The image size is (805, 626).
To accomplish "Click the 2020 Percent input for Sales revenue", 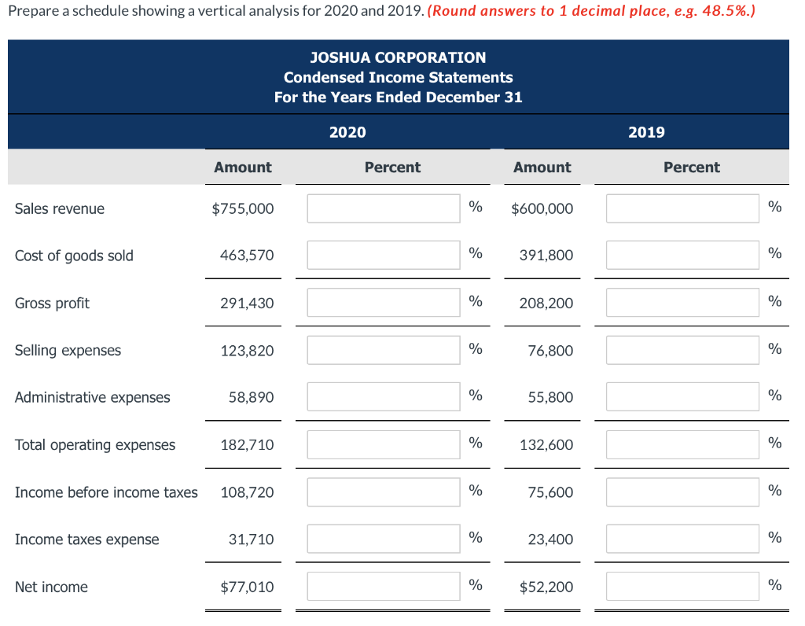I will [x=383, y=208].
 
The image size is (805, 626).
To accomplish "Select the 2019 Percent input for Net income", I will [x=682, y=586].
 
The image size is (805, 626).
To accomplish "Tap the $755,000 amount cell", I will [x=243, y=208].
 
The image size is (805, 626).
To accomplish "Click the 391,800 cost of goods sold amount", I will [x=546, y=256].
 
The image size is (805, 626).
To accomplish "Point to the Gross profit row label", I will [x=52, y=303].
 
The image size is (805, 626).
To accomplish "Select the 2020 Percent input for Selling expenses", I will [x=383, y=350].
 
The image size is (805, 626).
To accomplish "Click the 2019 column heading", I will [x=646, y=132].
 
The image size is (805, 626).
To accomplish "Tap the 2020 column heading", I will [x=347, y=132].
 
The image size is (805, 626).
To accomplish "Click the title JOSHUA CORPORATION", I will [x=398, y=57].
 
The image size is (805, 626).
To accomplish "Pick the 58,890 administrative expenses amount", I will [x=252, y=397].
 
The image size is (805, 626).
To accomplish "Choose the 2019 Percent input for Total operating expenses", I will [x=682, y=444].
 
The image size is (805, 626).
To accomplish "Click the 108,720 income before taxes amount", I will [x=248, y=492].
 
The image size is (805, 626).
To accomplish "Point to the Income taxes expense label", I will [x=86, y=539].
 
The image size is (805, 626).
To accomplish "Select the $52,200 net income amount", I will [x=542, y=587].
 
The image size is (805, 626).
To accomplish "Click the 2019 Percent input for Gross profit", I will [x=682, y=303].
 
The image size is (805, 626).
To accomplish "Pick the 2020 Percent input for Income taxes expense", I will [x=383, y=539].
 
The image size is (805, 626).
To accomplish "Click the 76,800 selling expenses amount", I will [x=550, y=350].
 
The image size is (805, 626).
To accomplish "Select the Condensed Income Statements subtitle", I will [x=398, y=77].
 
